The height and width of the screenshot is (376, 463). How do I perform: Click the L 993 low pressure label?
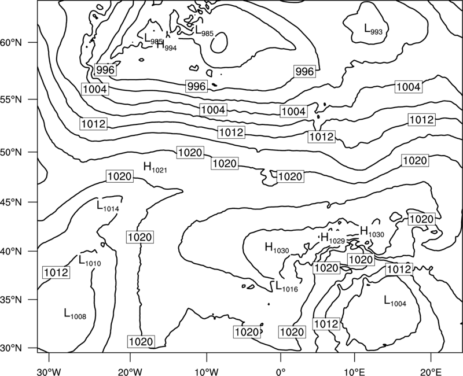pyautogui.click(x=373, y=30)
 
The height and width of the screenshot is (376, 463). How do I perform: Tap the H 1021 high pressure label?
pyautogui.click(x=155, y=167)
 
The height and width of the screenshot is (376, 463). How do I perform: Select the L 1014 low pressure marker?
pyautogui.click(x=108, y=206)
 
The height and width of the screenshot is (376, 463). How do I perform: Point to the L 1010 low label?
pyautogui.click(x=90, y=260)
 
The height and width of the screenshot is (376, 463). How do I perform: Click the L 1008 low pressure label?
pyautogui.click(x=75, y=314)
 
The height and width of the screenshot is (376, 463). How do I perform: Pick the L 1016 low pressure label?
pyautogui.click(x=286, y=286)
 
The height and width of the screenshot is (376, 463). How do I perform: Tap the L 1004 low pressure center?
pyautogui.click(x=395, y=300)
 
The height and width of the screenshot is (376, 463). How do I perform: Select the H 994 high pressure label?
pyautogui.click(x=167, y=46)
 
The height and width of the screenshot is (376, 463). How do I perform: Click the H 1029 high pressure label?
pyautogui.click(x=333, y=238)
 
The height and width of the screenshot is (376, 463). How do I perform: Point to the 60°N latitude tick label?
pyautogui.click(x=11, y=43)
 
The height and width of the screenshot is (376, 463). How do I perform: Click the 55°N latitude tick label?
pyautogui.click(x=11, y=99)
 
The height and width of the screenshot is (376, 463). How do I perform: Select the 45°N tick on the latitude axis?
pyautogui.click(x=11, y=202)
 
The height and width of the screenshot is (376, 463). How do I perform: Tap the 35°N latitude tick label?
pyautogui.click(x=11, y=300)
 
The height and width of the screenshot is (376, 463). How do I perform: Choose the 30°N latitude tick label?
pyautogui.click(x=11, y=348)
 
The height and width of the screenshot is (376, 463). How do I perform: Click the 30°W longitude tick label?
pyautogui.click(x=49, y=371)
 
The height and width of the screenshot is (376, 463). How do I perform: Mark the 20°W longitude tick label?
pyautogui.click(x=130, y=371)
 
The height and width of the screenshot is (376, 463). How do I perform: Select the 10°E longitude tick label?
pyautogui.click(x=354, y=371)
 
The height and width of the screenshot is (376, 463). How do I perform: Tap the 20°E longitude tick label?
pyautogui.click(x=431, y=371)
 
